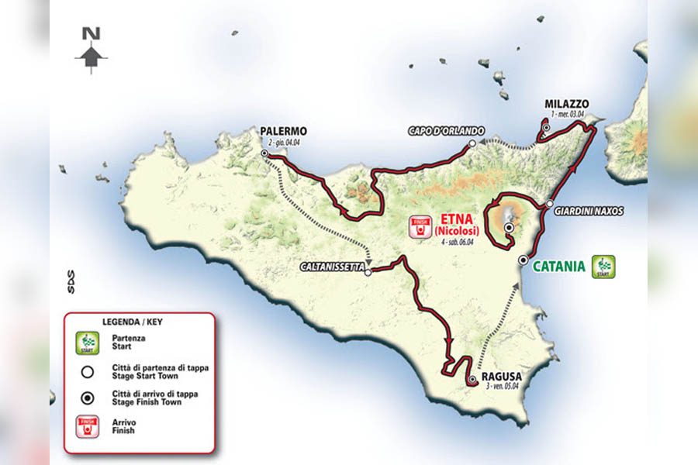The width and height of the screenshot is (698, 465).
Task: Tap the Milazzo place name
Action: [566, 104]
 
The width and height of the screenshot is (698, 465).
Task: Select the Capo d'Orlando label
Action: [446, 131]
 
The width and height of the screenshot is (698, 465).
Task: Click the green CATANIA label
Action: [559, 267]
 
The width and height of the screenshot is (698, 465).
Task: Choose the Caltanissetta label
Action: [332, 267]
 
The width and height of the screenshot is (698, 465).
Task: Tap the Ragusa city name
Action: [501, 376]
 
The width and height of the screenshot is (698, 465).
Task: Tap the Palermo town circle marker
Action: [265, 154]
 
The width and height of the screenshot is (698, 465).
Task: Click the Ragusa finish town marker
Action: [472, 380]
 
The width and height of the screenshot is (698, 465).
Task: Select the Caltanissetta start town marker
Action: [368, 271]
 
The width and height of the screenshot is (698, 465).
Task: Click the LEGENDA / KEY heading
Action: [133, 321]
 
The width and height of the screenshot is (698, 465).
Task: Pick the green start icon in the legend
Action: [91, 342]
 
